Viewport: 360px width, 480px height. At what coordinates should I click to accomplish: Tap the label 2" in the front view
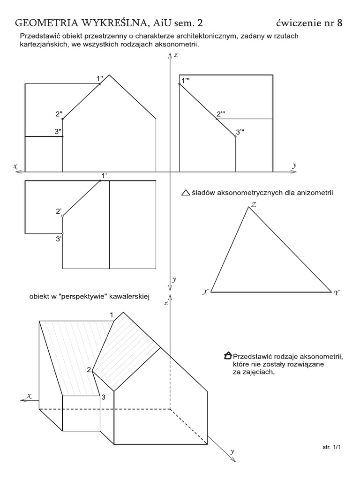[x=59, y=114]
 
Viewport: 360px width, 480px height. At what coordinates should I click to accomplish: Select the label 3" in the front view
[x=58, y=132]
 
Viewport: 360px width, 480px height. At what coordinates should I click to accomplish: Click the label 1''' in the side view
[x=186, y=81]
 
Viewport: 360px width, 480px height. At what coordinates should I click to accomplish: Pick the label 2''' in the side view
[x=221, y=114]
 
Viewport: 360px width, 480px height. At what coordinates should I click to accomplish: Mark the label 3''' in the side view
[x=240, y=133]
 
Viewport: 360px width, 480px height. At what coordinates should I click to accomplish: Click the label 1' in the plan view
[x=104, y=176]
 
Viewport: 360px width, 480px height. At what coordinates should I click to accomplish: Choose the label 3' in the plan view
[x=59, y=239]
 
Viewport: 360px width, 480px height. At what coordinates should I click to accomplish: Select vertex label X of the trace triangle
[x=205, y=292]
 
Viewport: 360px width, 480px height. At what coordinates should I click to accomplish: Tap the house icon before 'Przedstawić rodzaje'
[x=228, y=355]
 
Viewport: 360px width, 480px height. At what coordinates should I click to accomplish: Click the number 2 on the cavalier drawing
[x=88, y=370]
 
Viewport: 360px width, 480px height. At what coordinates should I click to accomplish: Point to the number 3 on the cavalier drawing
[x=103, y=397]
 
